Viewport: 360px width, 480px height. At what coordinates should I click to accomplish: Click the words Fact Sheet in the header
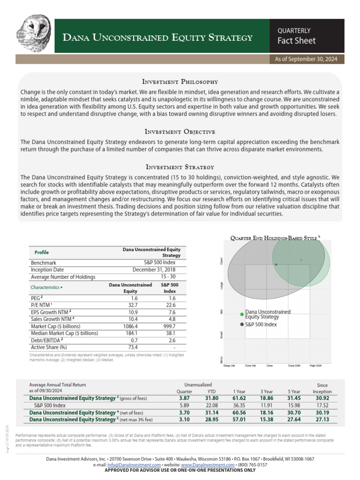click(x=297, y=41)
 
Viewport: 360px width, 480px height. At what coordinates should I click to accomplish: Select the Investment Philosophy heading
click(x=180, y=82)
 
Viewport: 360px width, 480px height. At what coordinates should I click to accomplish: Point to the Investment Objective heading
click(x=180, y=131)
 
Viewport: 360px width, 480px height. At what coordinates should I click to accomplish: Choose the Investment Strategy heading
click(x=180, y=166)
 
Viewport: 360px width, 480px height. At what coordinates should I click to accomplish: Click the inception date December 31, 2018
click(x=160, y=270)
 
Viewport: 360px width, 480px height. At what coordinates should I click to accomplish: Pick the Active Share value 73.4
click(x=134, y=347)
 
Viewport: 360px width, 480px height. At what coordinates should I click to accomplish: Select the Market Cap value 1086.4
click(x=131, y=326)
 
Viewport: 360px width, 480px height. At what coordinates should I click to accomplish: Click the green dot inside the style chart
click(x=301, y=260)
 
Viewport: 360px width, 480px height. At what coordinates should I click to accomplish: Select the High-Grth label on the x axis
click(x=315, y=365)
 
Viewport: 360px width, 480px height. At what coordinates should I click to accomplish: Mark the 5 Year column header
click(x=294, y=391)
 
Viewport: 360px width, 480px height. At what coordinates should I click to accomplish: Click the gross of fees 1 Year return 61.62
click(x=240, y=398)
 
